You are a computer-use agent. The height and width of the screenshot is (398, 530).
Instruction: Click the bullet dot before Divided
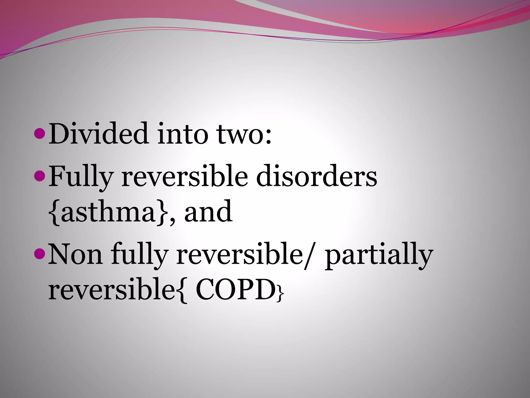pos(40,134)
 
